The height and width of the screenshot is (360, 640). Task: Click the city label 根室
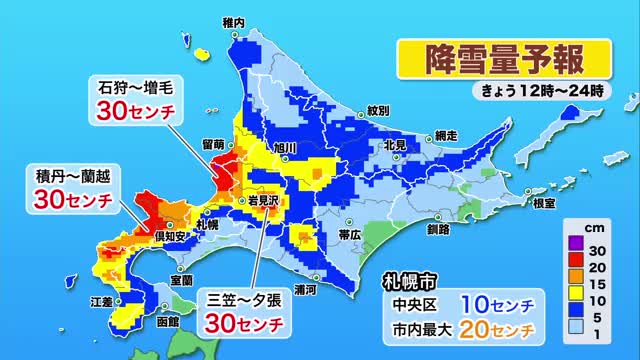point(544,203)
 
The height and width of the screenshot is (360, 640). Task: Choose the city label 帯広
point(350,234)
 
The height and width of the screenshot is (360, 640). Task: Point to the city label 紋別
point(377,109)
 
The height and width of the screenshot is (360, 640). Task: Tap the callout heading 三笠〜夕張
point(243,298)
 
